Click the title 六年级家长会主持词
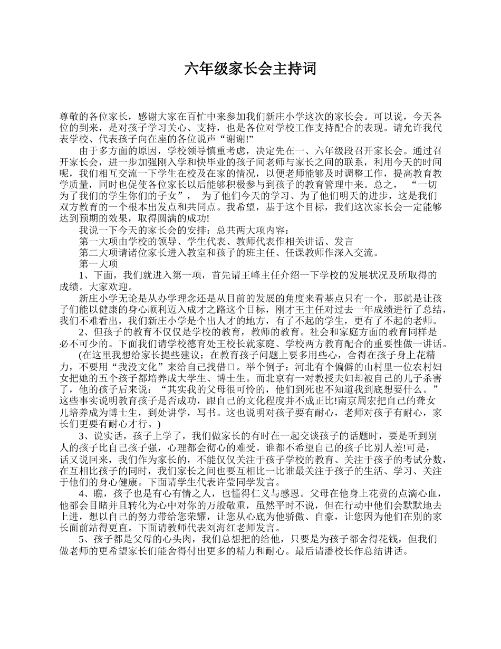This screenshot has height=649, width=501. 250,69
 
